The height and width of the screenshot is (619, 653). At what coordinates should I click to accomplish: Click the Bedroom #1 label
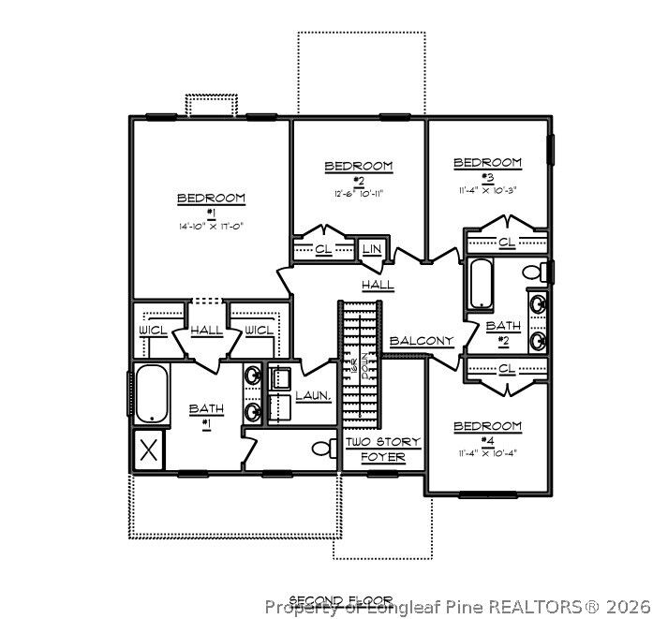[x=211, y=203]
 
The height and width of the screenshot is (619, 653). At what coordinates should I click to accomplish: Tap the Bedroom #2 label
[x=358, y=172]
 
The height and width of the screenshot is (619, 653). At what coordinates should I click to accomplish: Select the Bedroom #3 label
[x=487, y=169]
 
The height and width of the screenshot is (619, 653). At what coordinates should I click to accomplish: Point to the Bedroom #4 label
[x=487, y=433]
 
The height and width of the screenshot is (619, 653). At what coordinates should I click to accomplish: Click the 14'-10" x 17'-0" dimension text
[x=211, y=226]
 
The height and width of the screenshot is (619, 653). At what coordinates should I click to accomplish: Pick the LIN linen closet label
[x=371, y=250]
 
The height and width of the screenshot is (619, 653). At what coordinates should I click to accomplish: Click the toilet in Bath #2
[x=536, y=273]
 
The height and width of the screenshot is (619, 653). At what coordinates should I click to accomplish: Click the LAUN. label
[x=313, y=396]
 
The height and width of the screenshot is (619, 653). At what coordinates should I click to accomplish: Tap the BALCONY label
[x=422, y=341]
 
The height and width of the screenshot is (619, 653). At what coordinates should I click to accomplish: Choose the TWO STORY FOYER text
[x=383, y=449]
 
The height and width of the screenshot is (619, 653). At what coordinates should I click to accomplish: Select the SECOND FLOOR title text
[x=340, y=600]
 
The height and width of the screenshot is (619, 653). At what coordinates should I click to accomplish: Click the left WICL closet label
[x=153, y=330]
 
